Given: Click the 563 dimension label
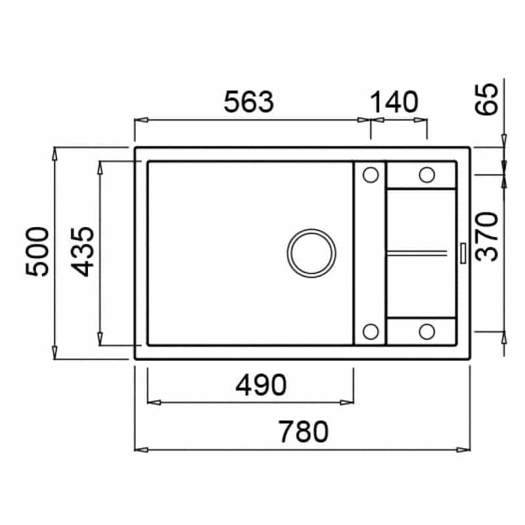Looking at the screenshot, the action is coord(249,102).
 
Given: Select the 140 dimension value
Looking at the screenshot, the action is coord(394,102).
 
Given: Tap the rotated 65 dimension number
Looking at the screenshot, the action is coord(487,99).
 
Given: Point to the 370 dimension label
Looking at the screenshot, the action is coord(487,236).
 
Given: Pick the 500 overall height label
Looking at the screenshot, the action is coord(37,252).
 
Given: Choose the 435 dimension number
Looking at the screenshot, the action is coord(83,252).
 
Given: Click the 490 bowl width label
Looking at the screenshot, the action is coord(261,385).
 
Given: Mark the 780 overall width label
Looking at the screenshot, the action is coord(303,432).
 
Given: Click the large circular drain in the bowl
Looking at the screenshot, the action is coord(311,253).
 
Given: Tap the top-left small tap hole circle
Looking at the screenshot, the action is coord(371,175).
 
